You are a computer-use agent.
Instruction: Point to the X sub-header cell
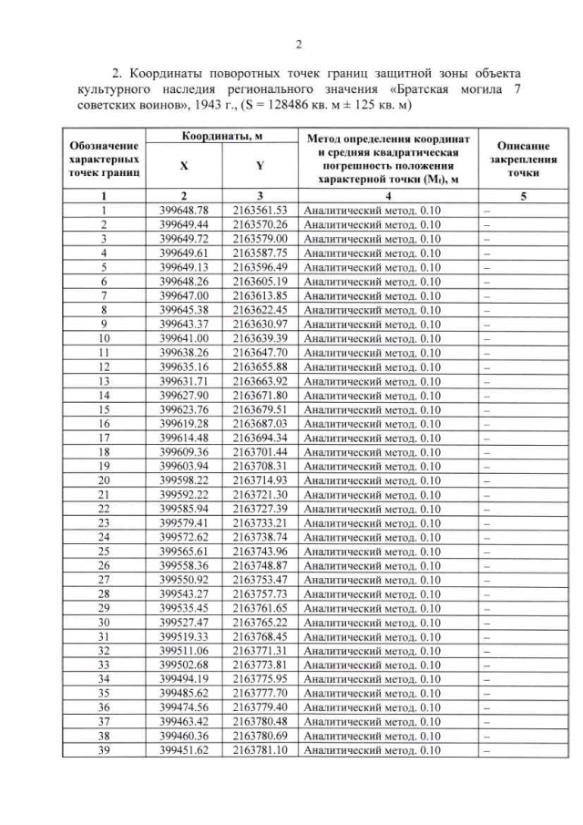[x=184, y=168]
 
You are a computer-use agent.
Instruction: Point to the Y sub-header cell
[x=260, y=168]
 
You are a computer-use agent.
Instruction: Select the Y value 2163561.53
[x=260, y=210]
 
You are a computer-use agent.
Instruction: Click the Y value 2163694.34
[x=260, y=438]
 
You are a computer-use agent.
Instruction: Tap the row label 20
[x=104, y=480]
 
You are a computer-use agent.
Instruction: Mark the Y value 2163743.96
[x=260, y=552]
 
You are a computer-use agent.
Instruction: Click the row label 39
[x=104, y=749]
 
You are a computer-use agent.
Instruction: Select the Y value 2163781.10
[x=260, y=749]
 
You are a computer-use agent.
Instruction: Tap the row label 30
[x=104, y=622]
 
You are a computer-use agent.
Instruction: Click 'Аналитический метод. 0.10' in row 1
[x=371, y=210]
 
